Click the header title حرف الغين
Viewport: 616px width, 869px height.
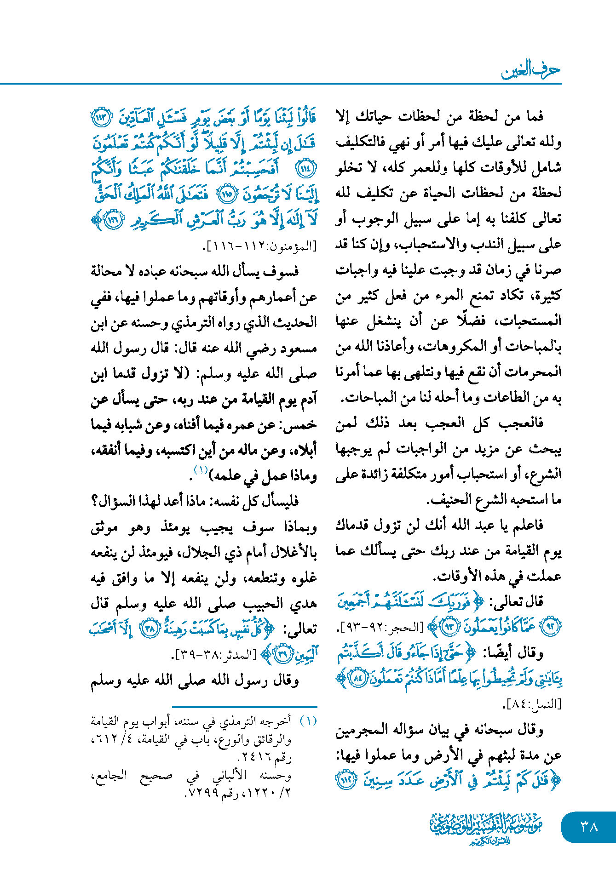pyautogui.click(x=530, y=70)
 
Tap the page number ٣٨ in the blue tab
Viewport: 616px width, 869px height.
pyautogui.click(x=589, y=827)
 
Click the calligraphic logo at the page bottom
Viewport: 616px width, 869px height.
pyautogui.click(x=486, y=828)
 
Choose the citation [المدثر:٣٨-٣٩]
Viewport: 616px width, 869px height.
pyautogui.click(x=215, y=654)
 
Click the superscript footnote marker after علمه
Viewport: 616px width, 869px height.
pyautogui.click(x=201, y=470)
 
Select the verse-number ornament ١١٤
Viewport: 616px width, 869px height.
pyautogui.click(x=306, y=169)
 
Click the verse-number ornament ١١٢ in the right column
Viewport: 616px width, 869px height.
pyautogui.click(x=346, y=780)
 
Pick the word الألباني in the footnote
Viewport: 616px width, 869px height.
pyautogui.click(x=230, y=776)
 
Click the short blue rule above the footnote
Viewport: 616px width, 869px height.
pyautogui.click(x=244, y=707)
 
